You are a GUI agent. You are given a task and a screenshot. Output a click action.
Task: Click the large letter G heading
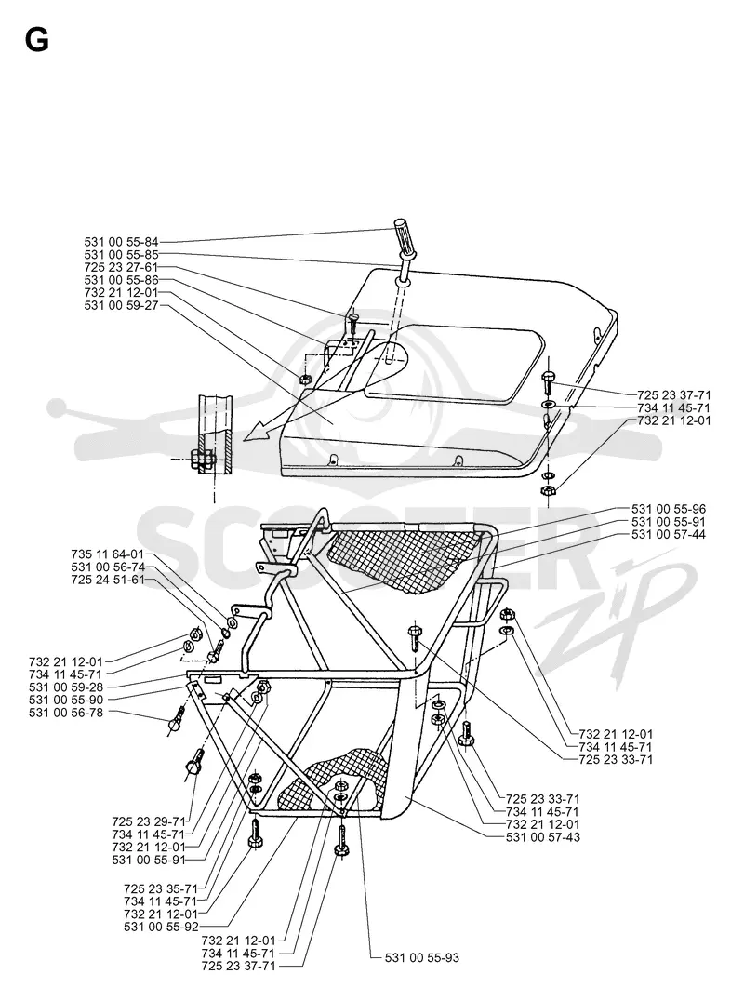click(37, 41)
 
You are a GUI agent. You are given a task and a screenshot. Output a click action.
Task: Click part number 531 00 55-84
click(121, 242)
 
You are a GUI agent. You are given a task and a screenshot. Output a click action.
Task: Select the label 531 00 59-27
click(121, 306)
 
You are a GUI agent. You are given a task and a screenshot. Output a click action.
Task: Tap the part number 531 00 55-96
click(669, 510)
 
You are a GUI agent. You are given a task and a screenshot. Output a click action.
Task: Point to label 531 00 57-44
click(669, 535)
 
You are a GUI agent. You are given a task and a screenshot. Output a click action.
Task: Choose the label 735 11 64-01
click(108, 554)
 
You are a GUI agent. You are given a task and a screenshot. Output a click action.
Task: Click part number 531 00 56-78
click(66, 713)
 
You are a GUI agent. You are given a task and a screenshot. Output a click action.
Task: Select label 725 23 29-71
click(149, 821)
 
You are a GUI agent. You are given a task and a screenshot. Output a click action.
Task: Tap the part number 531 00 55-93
click(422, 957)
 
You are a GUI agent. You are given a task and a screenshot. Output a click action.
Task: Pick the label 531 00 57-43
click(543, 837)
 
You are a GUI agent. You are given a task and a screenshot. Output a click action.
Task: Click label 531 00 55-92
click(162, 927)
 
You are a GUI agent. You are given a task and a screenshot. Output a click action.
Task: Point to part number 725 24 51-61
click(108, 580)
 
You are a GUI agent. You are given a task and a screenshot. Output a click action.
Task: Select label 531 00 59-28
click(66, 687)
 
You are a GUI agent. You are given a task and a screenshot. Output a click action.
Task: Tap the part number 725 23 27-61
click(121, 268)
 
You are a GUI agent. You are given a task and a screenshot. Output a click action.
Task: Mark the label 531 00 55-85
click(121, 255)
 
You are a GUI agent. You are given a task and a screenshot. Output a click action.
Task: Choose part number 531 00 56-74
click(108, 567)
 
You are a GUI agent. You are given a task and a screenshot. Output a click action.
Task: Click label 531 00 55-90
click(66, 700)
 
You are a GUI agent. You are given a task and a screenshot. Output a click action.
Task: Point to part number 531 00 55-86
click(121, 280)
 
